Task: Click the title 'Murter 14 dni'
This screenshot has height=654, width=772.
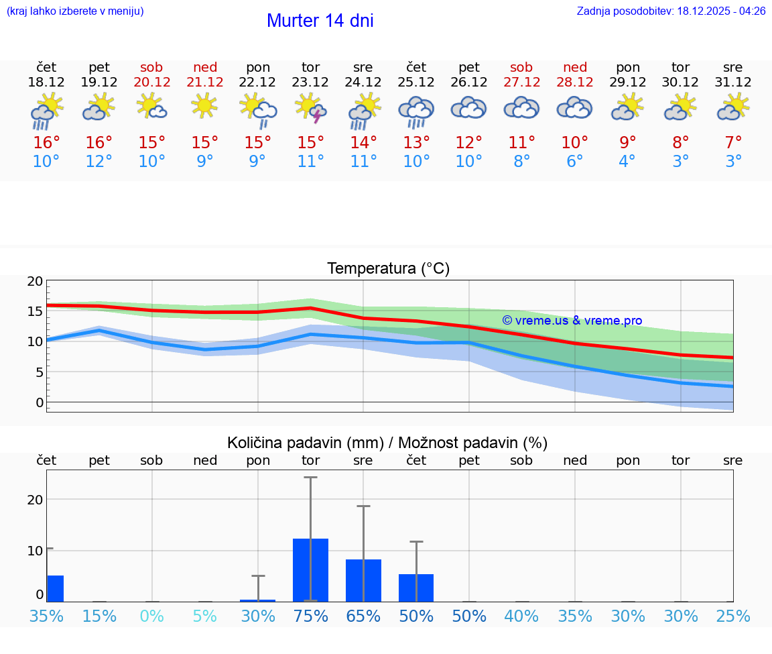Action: (320, 21)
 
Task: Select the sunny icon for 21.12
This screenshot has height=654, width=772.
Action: (205, 106)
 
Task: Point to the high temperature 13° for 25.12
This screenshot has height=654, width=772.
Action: (416, 143)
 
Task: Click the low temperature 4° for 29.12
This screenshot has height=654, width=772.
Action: (627, 162)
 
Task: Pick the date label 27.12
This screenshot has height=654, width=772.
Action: (521, 82)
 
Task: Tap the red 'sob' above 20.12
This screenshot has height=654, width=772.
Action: (151, 67)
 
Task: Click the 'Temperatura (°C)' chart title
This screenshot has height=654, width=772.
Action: (388, 268)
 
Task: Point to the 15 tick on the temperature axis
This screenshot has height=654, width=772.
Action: (36, 311)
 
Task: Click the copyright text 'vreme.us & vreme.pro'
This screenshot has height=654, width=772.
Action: (572, 321)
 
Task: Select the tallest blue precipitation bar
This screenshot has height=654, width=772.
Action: (311, 569)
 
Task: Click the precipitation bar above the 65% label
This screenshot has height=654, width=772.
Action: (363, 580)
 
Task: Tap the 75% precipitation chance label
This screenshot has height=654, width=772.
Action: (311, 616)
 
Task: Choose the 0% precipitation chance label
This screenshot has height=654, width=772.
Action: (152, 616)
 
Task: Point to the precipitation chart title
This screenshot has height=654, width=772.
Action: (387, 443)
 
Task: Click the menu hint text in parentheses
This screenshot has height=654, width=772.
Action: (75, 11)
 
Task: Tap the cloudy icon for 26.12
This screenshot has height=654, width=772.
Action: (469, 108)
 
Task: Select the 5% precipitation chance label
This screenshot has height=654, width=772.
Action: (205, 616)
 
